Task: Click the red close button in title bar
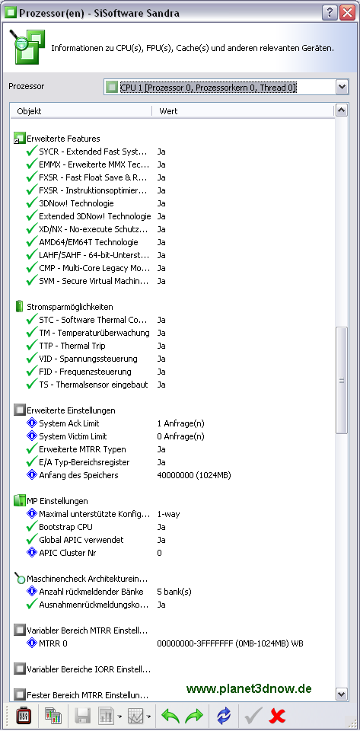347,12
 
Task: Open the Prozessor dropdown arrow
342,87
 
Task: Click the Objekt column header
29,111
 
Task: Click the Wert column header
168,111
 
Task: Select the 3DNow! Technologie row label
76,203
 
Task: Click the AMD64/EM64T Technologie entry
88,242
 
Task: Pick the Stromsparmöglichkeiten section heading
70,307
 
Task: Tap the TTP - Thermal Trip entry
72,346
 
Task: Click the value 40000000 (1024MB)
194,475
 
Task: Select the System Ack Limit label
69,423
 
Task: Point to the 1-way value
169,514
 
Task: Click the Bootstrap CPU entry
65,527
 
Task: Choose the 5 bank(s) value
174,592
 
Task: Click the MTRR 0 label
53,643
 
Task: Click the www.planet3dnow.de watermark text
249,688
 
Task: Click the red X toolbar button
277,715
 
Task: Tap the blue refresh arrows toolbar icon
224,715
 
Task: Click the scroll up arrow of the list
342,110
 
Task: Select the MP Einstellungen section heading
57,501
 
